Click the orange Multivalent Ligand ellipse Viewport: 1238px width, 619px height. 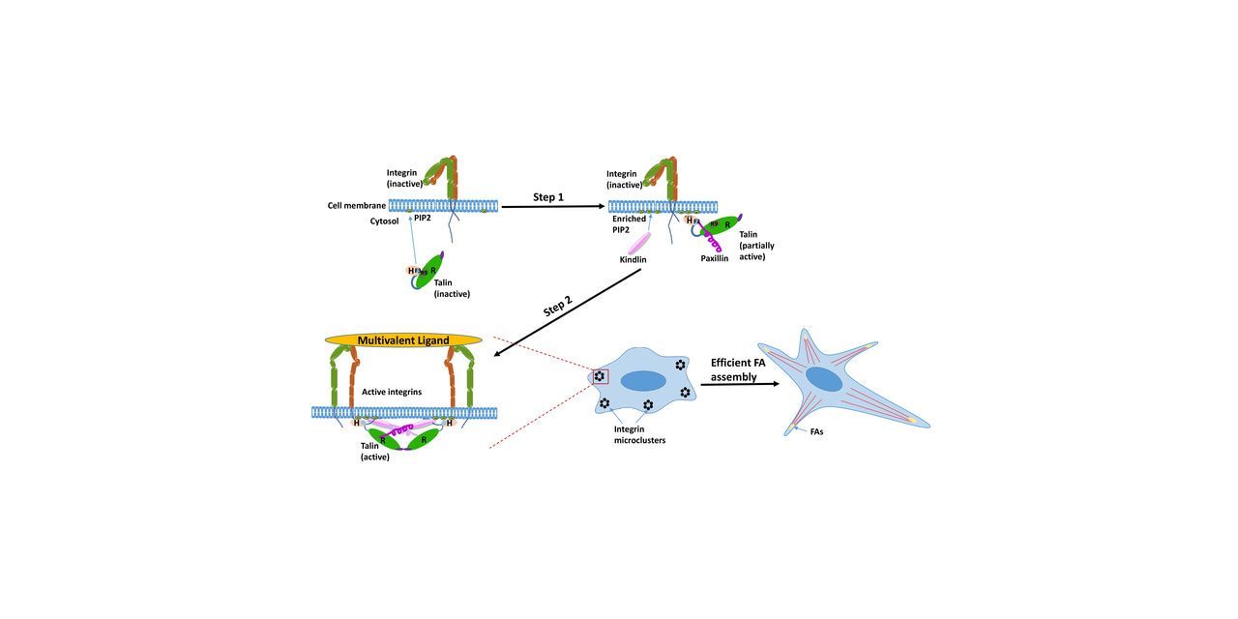click(403, 340)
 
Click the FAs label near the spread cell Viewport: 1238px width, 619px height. click(817, 432)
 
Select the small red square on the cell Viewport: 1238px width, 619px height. click(601, 376)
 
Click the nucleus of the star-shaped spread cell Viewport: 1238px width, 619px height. click(825, 380)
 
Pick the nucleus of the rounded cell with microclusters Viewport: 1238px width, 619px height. click(641, 381)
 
